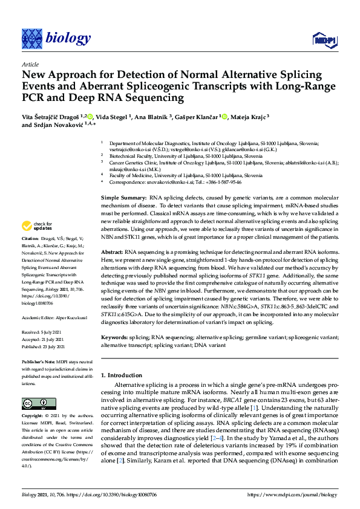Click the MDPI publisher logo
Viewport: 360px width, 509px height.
(x=324, y=40)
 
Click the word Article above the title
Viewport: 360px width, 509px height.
(x=30, y=64)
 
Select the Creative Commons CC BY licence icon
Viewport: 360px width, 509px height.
(x=34, y=403)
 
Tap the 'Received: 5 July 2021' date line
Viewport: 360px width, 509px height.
(x=44, y=332)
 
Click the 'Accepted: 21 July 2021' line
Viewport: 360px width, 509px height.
(x=45, y=340)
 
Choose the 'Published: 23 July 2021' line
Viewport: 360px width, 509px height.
(x=45, y=347)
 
